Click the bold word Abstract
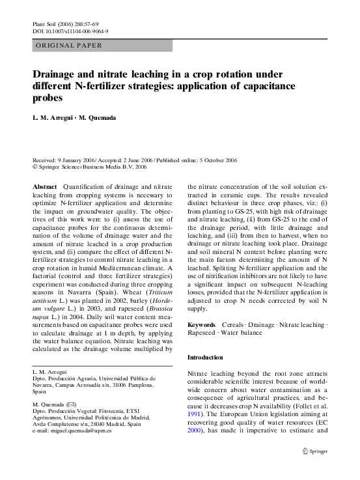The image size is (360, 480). pyautogui.click(x=45, y=186)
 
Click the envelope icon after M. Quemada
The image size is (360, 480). pyautogui.click(x=77, y=405)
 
